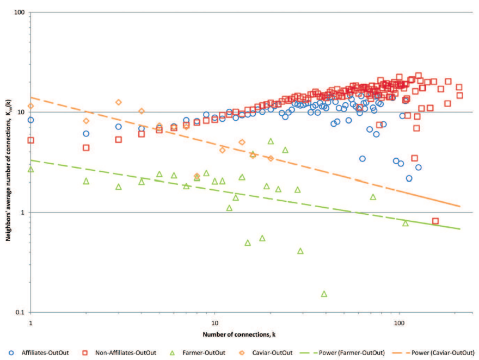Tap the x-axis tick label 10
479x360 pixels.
(x=215, y=321)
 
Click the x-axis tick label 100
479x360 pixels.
(x=400, y=321)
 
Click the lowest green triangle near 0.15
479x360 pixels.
(x=324, y=294)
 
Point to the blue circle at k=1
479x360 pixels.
(x=31, y=120)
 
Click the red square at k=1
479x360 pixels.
(x=31, y=140)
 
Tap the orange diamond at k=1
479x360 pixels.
(x=31, y=106)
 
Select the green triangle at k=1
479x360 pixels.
(x=31, y=170)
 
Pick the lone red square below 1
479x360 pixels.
(x=435, y=221)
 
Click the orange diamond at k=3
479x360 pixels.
(x=119, y=102)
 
